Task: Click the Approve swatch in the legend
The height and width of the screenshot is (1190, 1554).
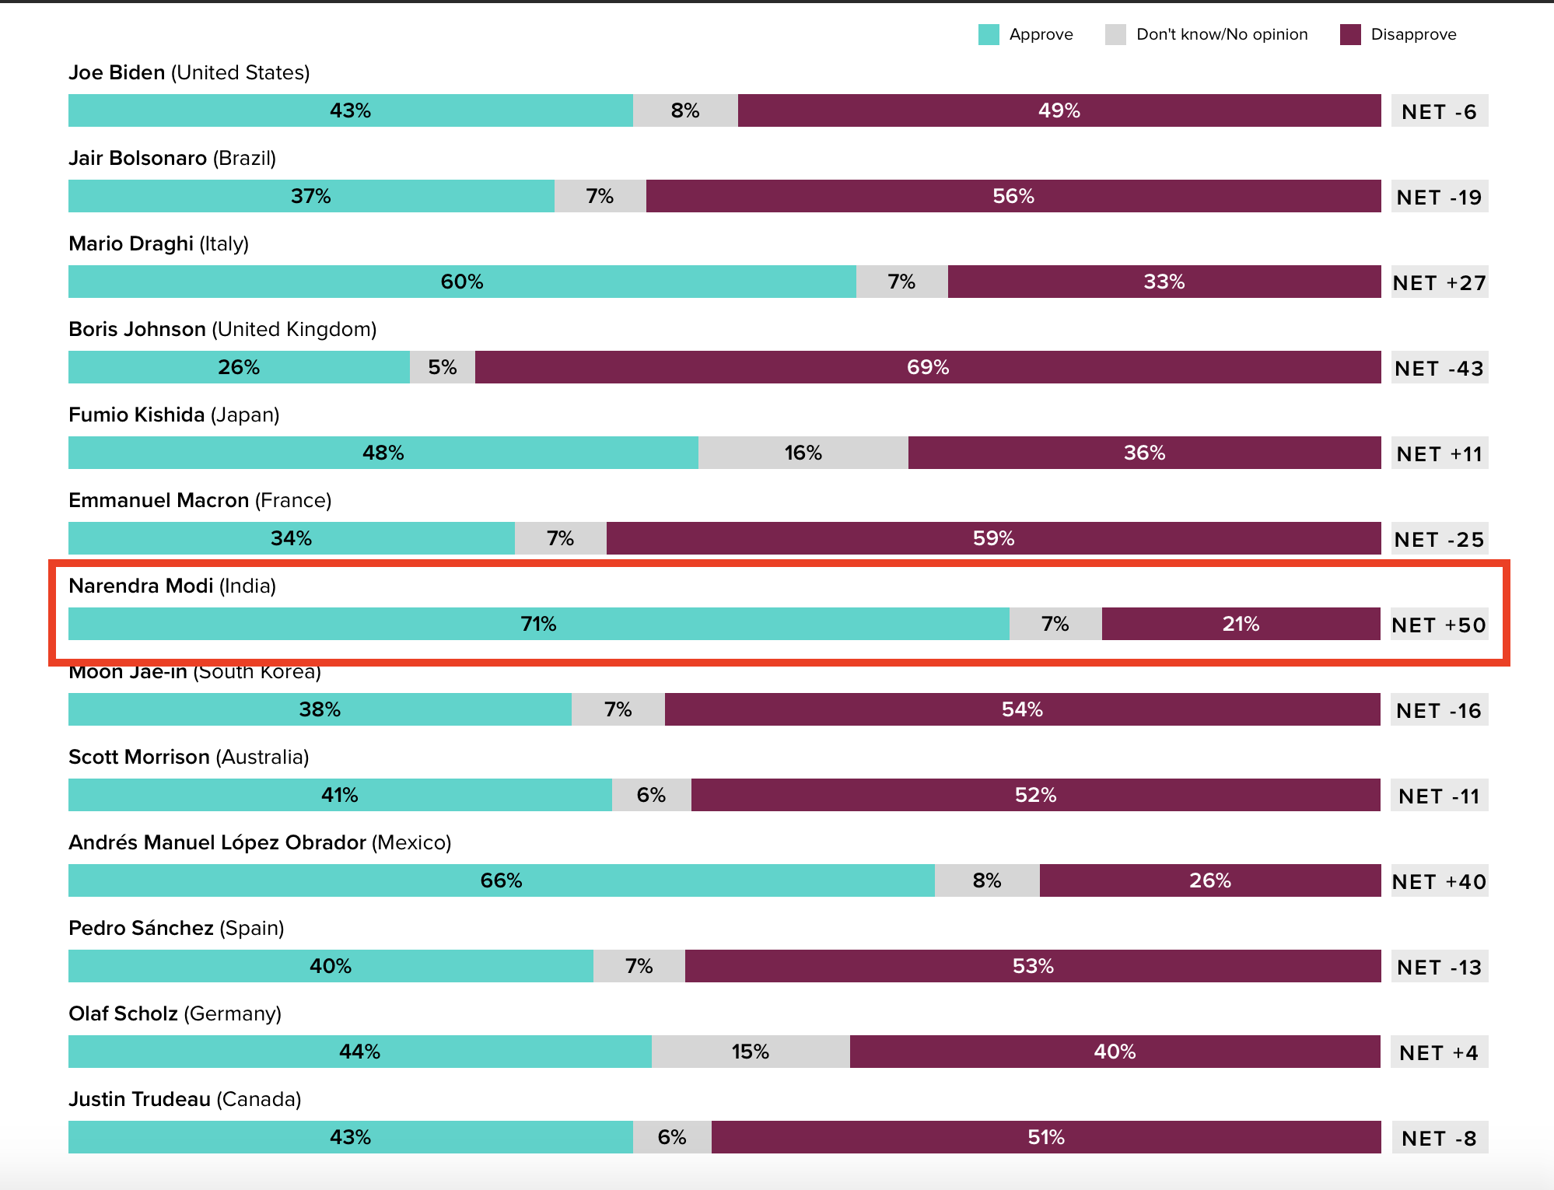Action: click(x=989, y=34)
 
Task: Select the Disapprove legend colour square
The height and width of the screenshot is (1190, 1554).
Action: click(x=1350, y=34)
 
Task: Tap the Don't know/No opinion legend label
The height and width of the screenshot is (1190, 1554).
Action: click(x=1222, y=34)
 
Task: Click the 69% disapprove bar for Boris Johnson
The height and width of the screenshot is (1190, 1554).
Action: click(x=927, y=367)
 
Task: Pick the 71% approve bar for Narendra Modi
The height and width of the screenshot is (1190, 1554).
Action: click(x=538, y=624)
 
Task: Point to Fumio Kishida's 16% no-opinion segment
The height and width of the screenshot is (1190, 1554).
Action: click(x=803, y=453)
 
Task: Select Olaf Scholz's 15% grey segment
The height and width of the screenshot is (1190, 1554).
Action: click(x=751, y=1052)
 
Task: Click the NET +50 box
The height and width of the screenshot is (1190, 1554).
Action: click(x=1439, y=625)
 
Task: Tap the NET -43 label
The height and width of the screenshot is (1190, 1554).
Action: click(x=1439, y=368)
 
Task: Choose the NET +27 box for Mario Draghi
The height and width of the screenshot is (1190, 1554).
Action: click(x=1439, y=282)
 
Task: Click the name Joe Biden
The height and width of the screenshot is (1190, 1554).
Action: click(x=117, y=72)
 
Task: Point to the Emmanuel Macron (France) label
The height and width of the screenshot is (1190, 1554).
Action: click(x=200, y=500)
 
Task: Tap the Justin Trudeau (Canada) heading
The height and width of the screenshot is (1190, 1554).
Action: click(x=184, y=1099)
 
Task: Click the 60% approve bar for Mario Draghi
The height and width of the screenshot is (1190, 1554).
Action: click(x=462, y=282)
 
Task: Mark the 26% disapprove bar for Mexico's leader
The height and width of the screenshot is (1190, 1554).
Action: click(x=1209, y=880)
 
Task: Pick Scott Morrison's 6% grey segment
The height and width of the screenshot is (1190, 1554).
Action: click(x=651, y=795)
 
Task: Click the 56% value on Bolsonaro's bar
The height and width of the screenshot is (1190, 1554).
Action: click(x=1013, y=196)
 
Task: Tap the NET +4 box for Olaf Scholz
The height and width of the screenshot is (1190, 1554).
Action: click(x=1439, y=1052)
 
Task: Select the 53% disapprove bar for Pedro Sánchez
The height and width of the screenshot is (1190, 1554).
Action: click(x=1033, y=966)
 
